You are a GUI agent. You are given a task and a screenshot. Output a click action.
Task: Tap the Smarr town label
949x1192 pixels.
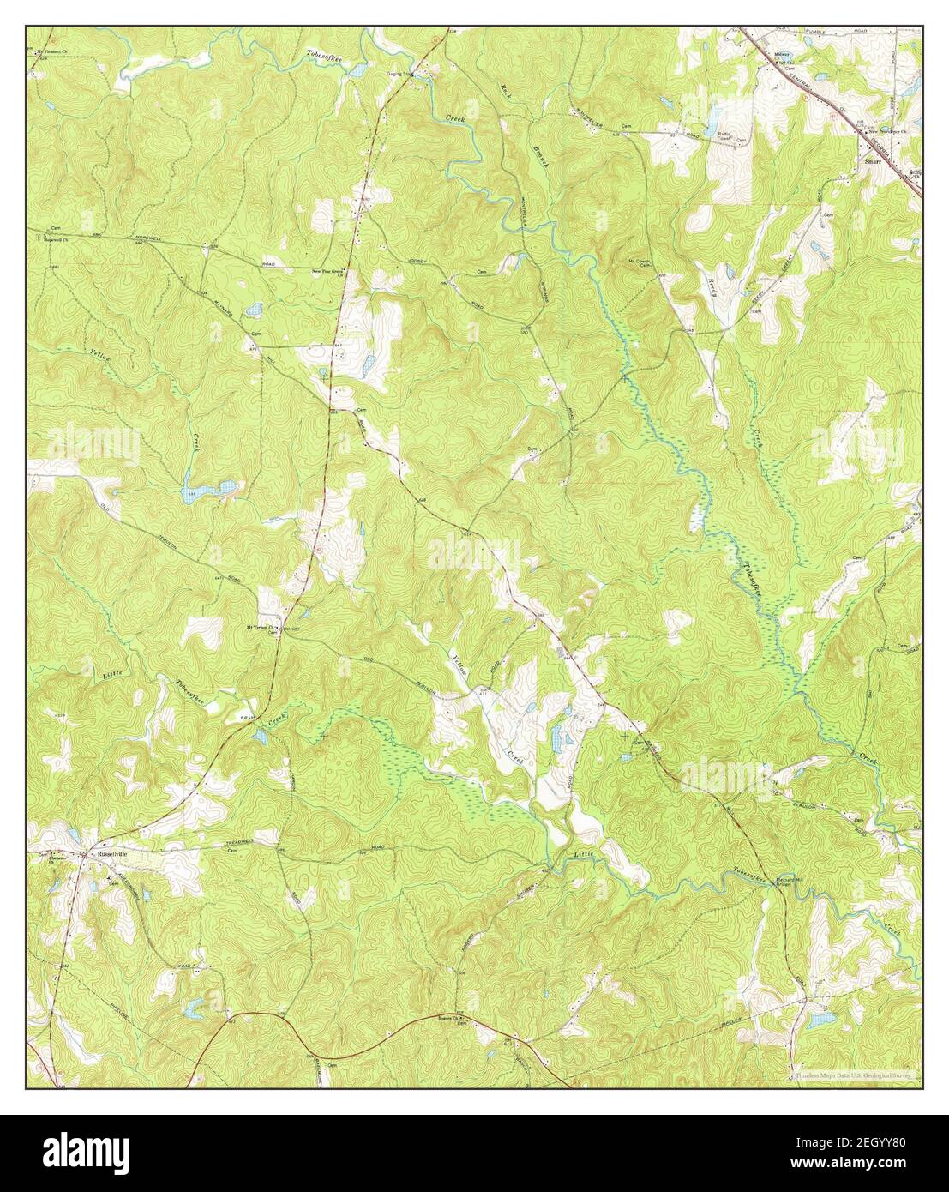point(874,160)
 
